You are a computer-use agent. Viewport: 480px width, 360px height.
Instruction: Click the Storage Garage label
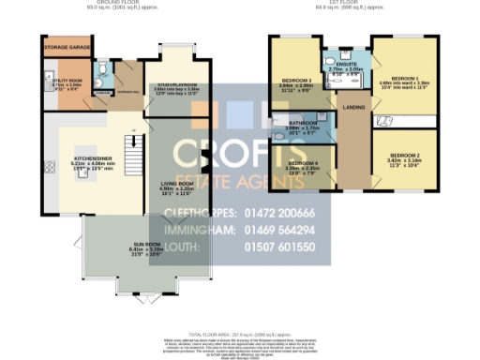tap(63, 45)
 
